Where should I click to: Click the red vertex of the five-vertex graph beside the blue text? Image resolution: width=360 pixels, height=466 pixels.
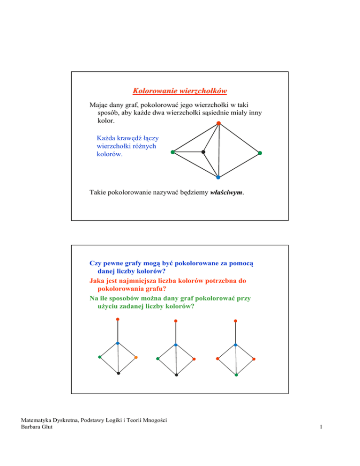(218, 124)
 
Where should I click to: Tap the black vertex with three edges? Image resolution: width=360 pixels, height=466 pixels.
(203, 152)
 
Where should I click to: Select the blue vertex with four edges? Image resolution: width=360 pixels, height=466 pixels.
(218, 178)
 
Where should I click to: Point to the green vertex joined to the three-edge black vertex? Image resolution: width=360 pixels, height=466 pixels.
(172, 152)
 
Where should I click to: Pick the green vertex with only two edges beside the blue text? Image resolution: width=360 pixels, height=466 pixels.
(260, 153)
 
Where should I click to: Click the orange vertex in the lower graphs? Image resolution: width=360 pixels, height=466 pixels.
(135, 358)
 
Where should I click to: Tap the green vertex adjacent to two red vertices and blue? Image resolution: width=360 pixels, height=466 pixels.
(236, 375)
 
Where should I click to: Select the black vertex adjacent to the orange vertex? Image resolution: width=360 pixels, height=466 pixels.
(119, 373)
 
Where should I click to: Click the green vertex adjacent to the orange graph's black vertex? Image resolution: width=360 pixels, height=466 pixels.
(100, 357)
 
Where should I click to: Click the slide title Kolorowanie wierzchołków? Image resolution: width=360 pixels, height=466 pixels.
(180, 90)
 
